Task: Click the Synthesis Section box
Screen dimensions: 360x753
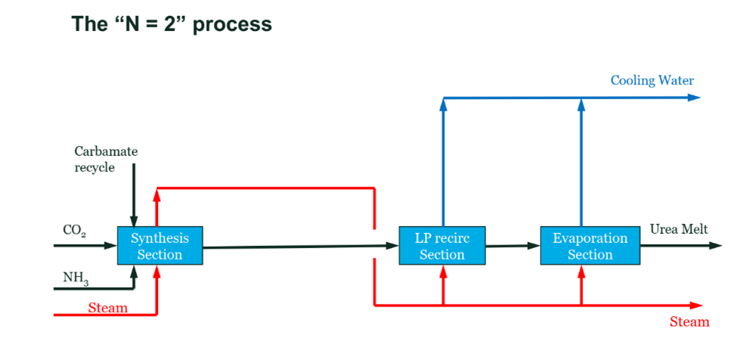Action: [160, 246]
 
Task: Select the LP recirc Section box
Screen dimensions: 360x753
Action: [442, 246]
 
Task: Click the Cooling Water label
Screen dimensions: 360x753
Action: [652, 81]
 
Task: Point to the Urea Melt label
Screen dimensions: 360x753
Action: [679, 230]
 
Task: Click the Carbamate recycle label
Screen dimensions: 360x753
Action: [106, 160]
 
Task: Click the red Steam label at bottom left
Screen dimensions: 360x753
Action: [107, 308]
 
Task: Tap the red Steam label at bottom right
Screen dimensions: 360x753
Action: [689, 322]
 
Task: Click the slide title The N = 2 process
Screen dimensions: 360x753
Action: [172, 23]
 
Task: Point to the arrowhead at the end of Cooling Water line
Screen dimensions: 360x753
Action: [694, 98]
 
